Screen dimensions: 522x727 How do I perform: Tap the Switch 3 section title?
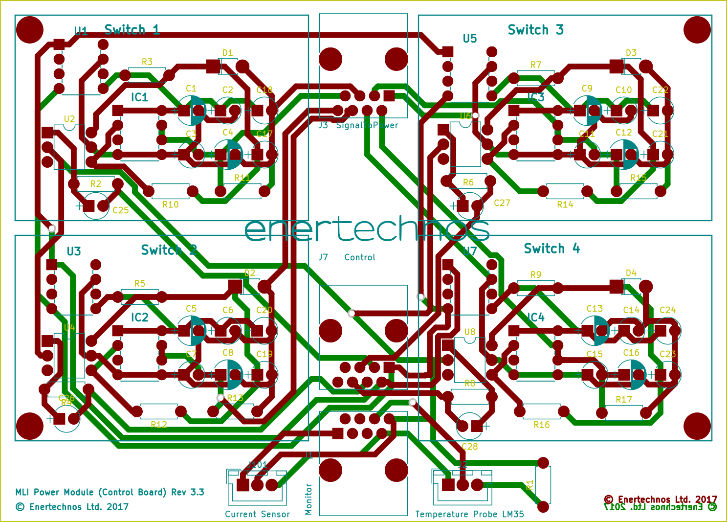(535, 30)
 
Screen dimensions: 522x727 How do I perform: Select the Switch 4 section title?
(551, 249)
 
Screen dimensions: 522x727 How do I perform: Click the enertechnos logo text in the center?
(366, 229)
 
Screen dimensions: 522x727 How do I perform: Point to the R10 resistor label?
(170, 204)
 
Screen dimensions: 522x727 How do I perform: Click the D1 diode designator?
(227, 53)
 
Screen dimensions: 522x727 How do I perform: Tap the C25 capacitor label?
(120, 210)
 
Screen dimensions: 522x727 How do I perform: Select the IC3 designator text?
(535, 97)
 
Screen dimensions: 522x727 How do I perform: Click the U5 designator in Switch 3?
(469, 39)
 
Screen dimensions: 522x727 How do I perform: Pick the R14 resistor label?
(565, 204)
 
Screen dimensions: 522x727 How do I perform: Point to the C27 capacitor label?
(502, 203)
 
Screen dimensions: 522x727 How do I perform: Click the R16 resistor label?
(541, 425)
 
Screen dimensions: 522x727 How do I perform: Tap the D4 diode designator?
(631, 273)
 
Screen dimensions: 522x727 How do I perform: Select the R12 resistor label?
(158, 425)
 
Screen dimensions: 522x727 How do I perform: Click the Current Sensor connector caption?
(257, 514)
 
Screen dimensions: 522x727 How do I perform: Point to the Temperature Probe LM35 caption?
(469, 514)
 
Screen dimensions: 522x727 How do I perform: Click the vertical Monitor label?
(308, 499)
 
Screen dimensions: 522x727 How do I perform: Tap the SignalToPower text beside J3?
(367, 125)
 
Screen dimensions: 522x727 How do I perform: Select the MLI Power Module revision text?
(110, 492)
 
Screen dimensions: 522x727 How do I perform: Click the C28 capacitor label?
(469, 447)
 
